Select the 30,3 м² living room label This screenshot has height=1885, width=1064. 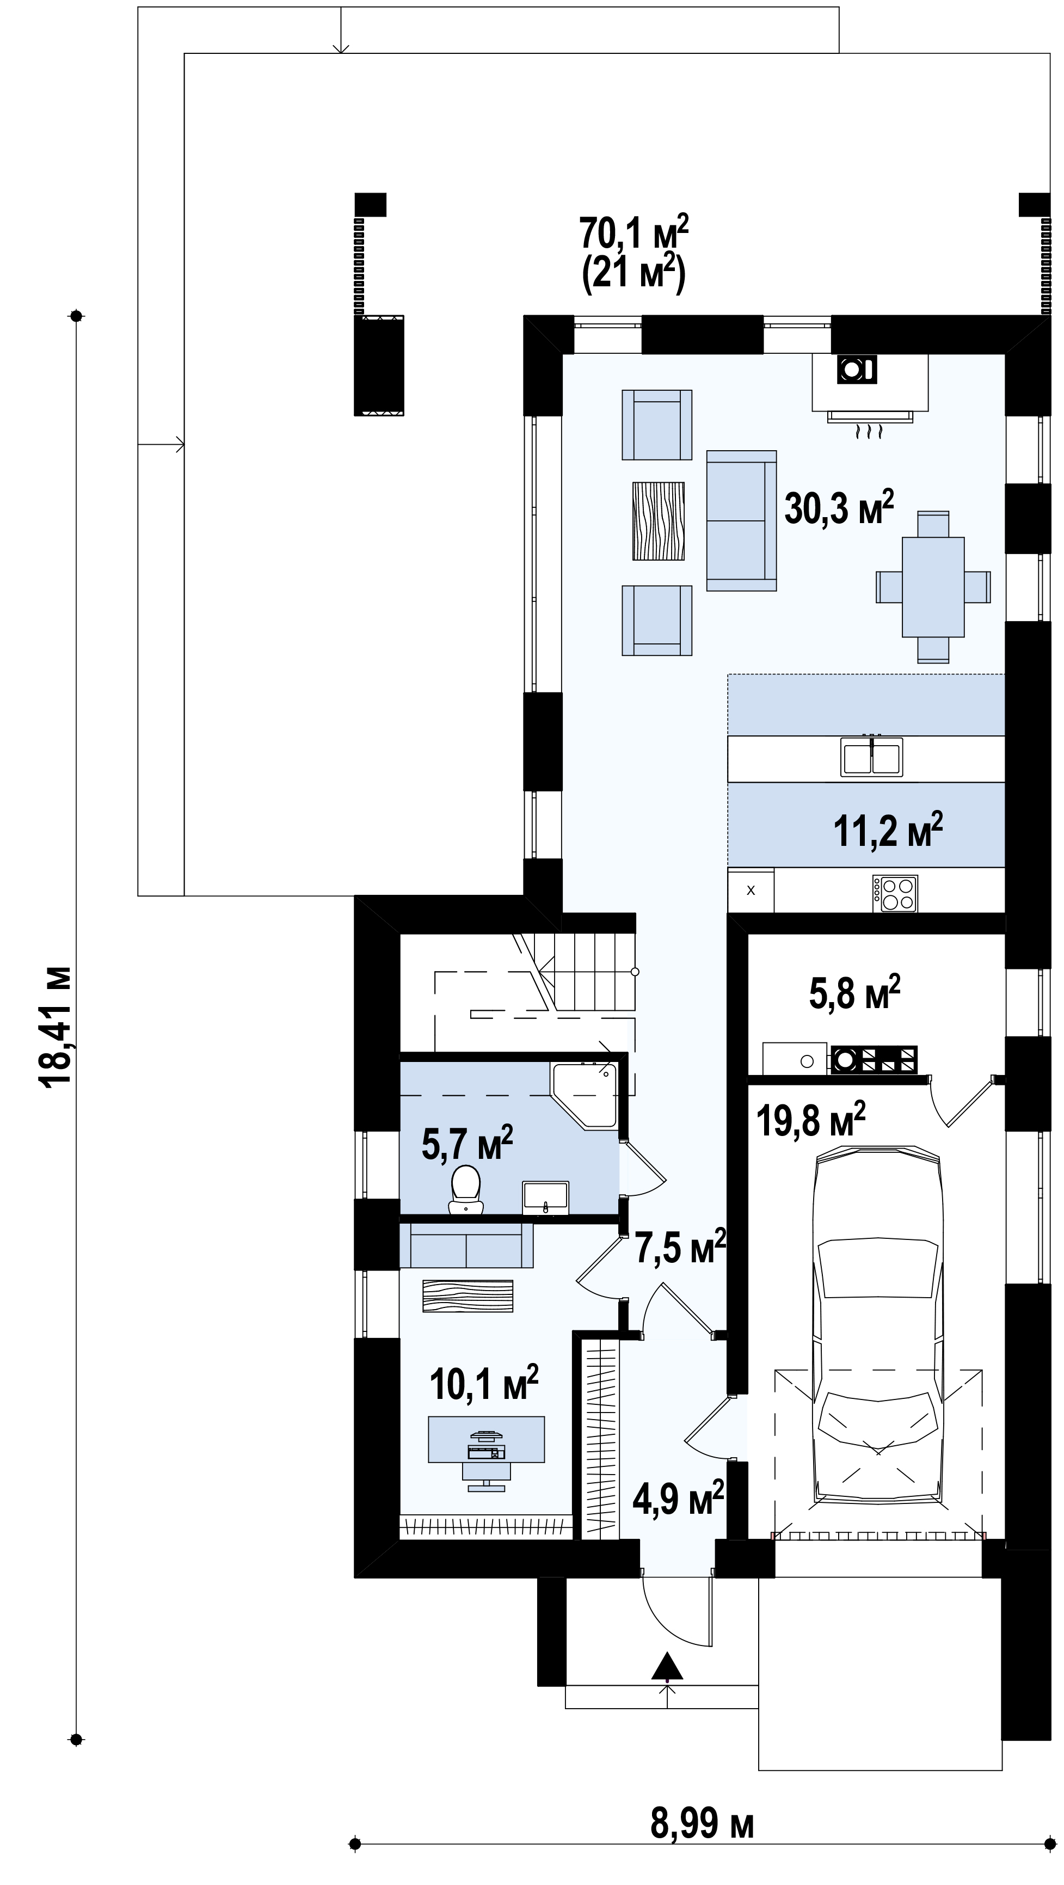839,508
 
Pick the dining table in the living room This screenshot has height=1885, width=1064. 933,587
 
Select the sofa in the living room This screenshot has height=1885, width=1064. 741,520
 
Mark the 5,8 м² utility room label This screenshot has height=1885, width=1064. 854,992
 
